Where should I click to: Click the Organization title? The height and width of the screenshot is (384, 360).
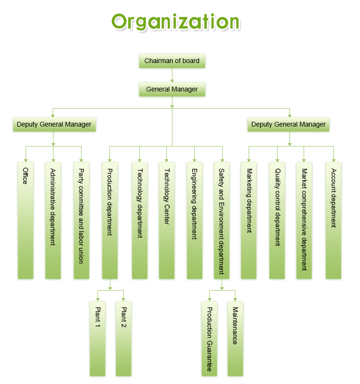176,22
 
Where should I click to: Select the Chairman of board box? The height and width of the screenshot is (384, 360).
172,61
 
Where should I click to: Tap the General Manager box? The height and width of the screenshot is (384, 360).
172,89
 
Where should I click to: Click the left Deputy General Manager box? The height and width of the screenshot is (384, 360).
54,125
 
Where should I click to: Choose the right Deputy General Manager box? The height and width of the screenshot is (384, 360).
288,125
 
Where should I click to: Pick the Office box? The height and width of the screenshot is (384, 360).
26,220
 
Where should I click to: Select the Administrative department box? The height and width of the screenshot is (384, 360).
53,220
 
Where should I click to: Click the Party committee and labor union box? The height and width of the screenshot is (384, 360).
81,220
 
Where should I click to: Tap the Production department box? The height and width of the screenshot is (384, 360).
109,220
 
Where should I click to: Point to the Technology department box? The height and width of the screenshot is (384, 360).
139,220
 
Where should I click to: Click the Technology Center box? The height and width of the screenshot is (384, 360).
166,220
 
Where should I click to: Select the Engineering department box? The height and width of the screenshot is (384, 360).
194,220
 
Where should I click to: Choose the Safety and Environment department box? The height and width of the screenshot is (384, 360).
221,220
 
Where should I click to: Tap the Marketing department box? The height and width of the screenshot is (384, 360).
249,220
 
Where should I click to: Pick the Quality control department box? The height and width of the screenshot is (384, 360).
277,220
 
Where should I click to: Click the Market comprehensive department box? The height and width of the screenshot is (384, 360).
304,220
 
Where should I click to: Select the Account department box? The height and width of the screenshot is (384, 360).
333,220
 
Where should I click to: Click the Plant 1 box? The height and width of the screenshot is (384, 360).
97,338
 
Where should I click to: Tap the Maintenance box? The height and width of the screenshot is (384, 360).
235,338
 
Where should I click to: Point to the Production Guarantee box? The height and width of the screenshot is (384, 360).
209,338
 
